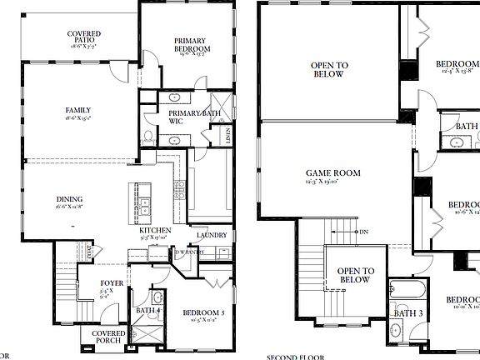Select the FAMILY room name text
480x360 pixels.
(78, 110)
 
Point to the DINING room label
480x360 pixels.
(69, 198)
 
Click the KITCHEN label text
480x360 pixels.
(155, 230)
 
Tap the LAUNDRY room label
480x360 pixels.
(212, 235)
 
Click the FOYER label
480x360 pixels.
(112, 283)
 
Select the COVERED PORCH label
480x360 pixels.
(103, 336)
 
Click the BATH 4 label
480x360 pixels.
(148, 311)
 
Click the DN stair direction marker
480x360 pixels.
(363, 232)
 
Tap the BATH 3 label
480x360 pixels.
(408, 313)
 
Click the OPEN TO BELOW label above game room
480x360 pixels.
(329, 68)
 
